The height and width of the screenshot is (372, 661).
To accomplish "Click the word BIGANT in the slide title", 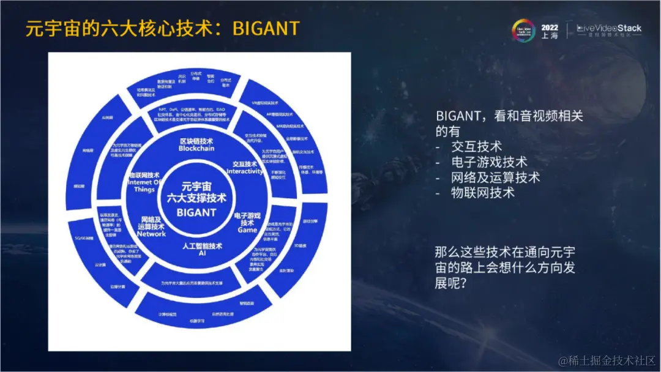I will coord(266,28).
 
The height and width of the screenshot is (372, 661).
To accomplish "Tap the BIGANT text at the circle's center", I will coord(196,212).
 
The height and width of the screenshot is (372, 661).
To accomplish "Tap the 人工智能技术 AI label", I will coord(202,249).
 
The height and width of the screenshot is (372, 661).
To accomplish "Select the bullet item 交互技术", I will coord(477,147).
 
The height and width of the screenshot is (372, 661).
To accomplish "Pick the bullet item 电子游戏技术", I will coord(490,162).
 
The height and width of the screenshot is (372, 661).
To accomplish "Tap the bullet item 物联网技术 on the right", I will coord(483,193).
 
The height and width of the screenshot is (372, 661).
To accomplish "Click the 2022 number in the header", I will coord(550,26).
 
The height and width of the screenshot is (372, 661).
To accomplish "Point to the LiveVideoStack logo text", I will coord(609,28).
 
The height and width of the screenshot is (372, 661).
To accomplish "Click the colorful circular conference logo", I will coord(525,31).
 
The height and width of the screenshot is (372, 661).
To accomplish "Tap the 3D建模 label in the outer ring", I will coord(300,246).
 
